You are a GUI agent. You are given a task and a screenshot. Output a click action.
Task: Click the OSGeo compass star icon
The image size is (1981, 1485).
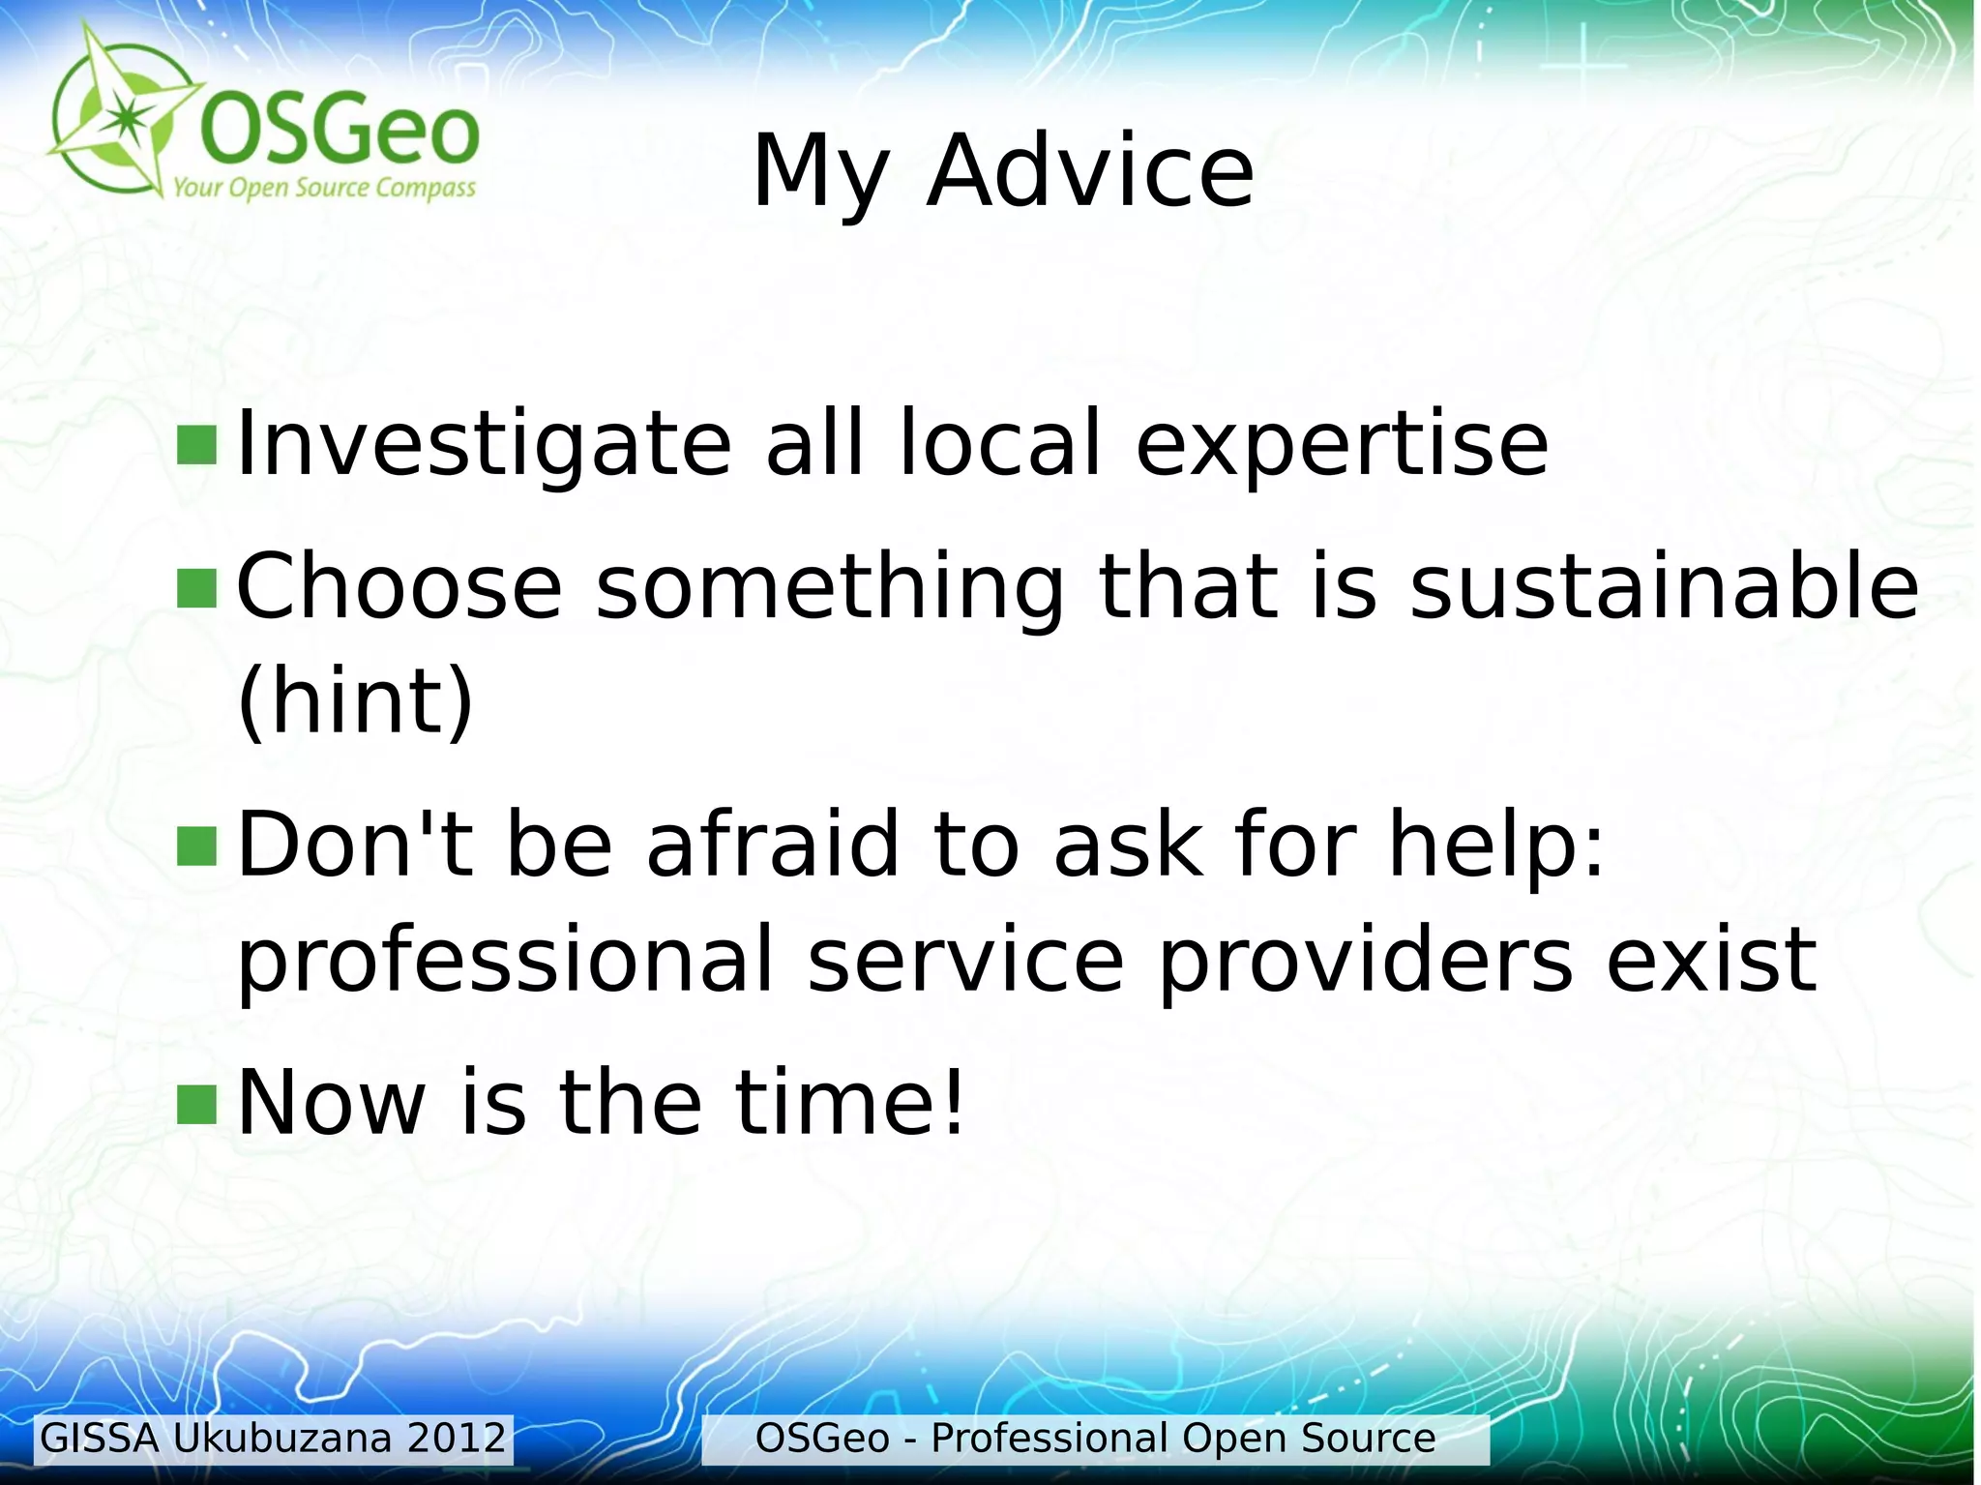(x=121, y=115)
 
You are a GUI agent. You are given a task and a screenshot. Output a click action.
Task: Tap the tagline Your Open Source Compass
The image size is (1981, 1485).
(x=324, y=188)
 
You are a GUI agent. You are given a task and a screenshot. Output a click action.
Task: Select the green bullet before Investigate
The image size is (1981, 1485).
(x=197, y=445)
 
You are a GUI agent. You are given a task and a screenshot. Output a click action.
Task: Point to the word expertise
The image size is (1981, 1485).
(x=1342, y=445)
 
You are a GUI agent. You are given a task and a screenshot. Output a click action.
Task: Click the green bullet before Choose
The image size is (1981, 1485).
(x=197, y=588)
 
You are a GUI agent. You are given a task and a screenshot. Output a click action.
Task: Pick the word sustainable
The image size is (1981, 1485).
(x=1663, y=586)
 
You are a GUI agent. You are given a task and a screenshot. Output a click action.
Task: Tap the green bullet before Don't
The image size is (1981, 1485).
(x=197, y=845)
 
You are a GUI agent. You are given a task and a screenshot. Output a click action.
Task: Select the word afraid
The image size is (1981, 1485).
(x=772, y=845)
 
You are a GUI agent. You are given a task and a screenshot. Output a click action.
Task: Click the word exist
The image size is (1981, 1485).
(x=1711, y=961)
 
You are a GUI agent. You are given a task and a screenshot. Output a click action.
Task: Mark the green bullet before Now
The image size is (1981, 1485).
(x=197, y=1105)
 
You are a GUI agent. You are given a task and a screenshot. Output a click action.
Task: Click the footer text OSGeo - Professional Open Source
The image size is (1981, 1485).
(x=1094, y=1439)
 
